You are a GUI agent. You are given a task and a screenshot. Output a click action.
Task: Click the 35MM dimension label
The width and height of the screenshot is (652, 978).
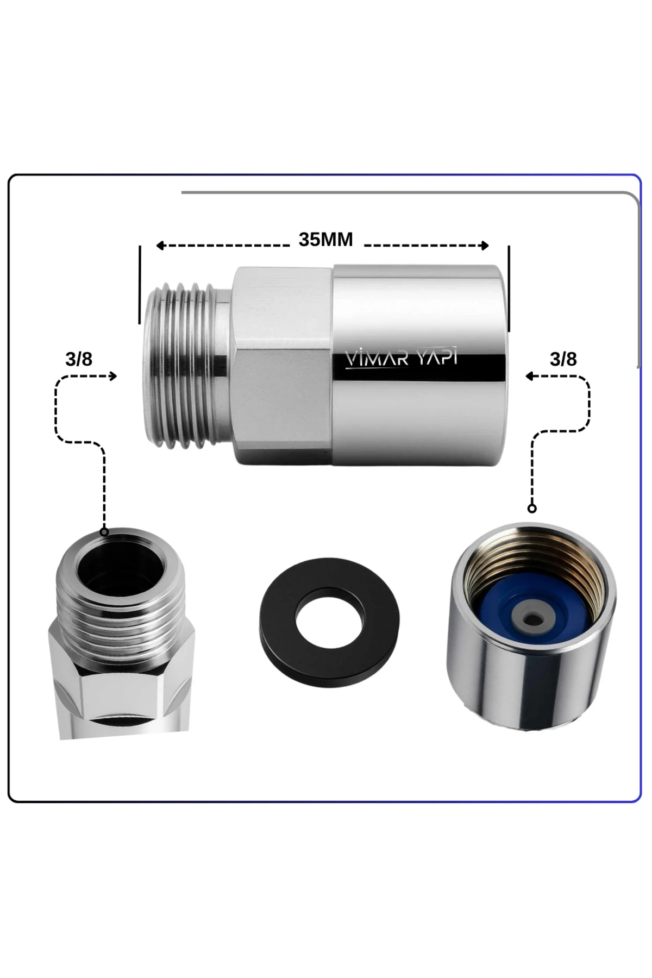tap(325, 240)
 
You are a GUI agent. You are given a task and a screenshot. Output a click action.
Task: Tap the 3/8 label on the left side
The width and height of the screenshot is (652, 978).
tap(79, 359)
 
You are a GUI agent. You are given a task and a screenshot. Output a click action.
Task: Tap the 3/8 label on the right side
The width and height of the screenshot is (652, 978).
tap(563, 359)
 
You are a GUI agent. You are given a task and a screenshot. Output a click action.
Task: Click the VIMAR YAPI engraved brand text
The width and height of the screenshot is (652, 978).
tap(402, 359)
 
